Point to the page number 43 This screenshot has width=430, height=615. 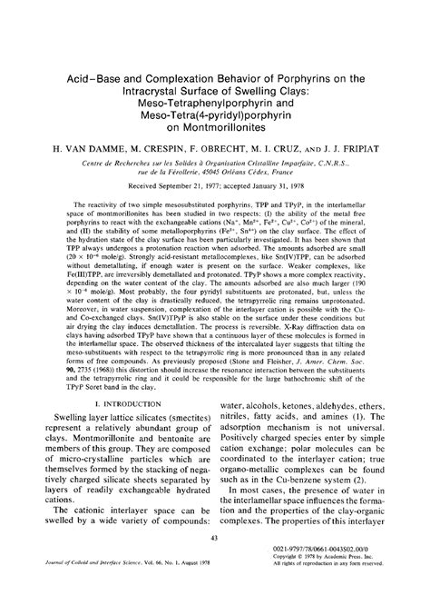pyautogui.click(x=215, y=564)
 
